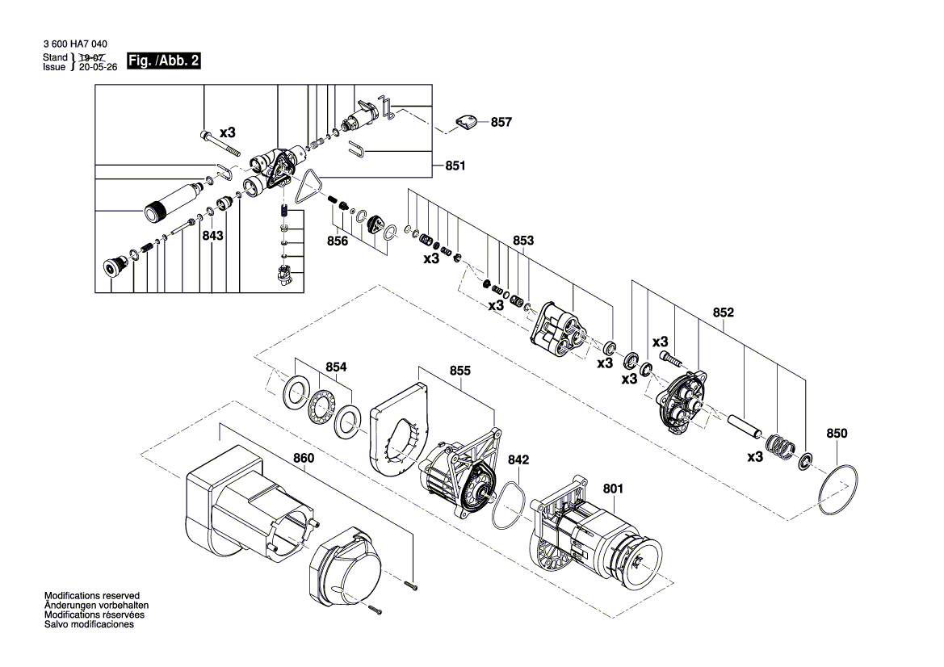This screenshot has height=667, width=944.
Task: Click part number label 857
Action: [x=501, y=123]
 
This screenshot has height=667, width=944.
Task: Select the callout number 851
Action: [x=455, y=166]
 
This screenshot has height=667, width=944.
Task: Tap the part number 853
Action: [x=523, y=241]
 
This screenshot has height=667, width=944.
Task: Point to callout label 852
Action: [x=723, y=313]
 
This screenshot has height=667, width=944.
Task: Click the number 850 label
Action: [x=837, y=434]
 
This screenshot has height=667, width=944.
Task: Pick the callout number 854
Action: [x=336, y=367]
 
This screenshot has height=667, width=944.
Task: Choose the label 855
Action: [x=460, y=371]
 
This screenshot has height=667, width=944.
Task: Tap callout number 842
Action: [x=518, y=459]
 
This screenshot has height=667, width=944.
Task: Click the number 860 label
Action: [x=304, y=458]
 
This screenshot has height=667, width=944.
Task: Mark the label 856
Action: [x=338, y=241]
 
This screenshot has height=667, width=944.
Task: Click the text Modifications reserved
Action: [x=91, y=595]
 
